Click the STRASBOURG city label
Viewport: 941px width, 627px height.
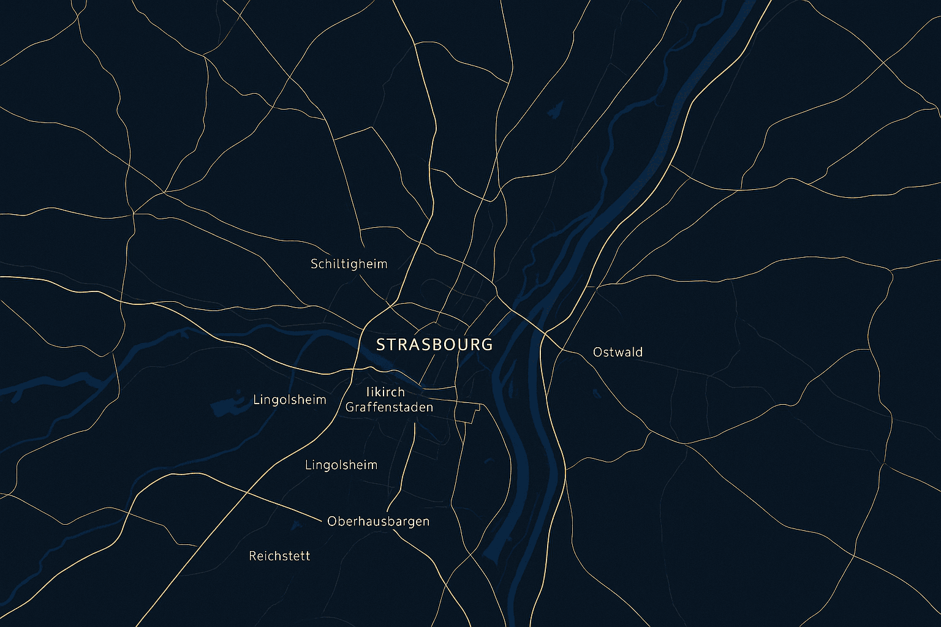[434, 345]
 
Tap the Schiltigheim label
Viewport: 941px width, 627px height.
[349, 264]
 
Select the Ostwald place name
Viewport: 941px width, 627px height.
[618, 352]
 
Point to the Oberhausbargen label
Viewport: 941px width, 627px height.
[378, 522]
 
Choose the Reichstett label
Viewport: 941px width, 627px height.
[279, 556]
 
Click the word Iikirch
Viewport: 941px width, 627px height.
[385, 392]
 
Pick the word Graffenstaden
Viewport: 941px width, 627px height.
[389, 407]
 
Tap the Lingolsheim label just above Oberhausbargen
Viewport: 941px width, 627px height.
[341, 465]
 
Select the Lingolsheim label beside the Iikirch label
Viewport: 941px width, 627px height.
[289, 400]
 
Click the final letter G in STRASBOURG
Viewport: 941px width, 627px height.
[486, 345]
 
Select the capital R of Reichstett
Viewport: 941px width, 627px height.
[252, 556]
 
